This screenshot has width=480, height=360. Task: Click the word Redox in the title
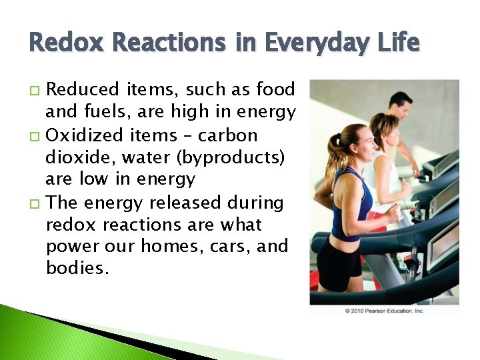click(x=63, y=43)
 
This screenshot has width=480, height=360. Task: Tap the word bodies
click(x=74, y=269)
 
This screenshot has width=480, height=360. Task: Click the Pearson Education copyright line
click(x=384, y=311)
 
